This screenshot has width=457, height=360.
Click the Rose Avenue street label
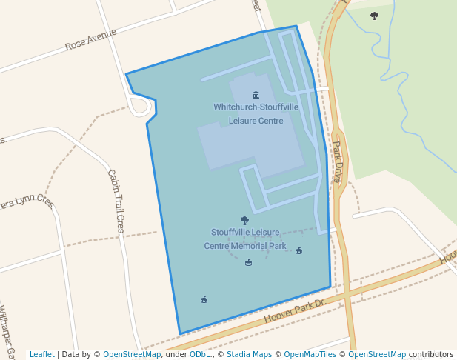click(x=90, y=40)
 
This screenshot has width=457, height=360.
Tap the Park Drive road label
click(x=336, y=161)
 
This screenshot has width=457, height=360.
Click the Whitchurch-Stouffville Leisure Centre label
click(x=256, y=113)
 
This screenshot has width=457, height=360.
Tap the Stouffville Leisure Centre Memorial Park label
click(x=245, y=239)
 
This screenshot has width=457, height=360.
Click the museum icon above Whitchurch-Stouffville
click(x=256, y=95)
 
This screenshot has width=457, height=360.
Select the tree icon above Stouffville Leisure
click(x=245, y=220)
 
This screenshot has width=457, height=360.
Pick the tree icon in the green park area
click(x=374, y=16)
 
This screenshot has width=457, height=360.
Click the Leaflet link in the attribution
click(x=41, y=355)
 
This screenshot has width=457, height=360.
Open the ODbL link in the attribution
click(x=199, y=355)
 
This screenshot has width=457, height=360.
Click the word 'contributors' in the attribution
click(x=431, y=355)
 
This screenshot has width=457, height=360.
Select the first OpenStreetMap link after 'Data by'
click(x=132, y=355)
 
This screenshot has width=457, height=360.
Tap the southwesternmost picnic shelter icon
click(x=204, y=299)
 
